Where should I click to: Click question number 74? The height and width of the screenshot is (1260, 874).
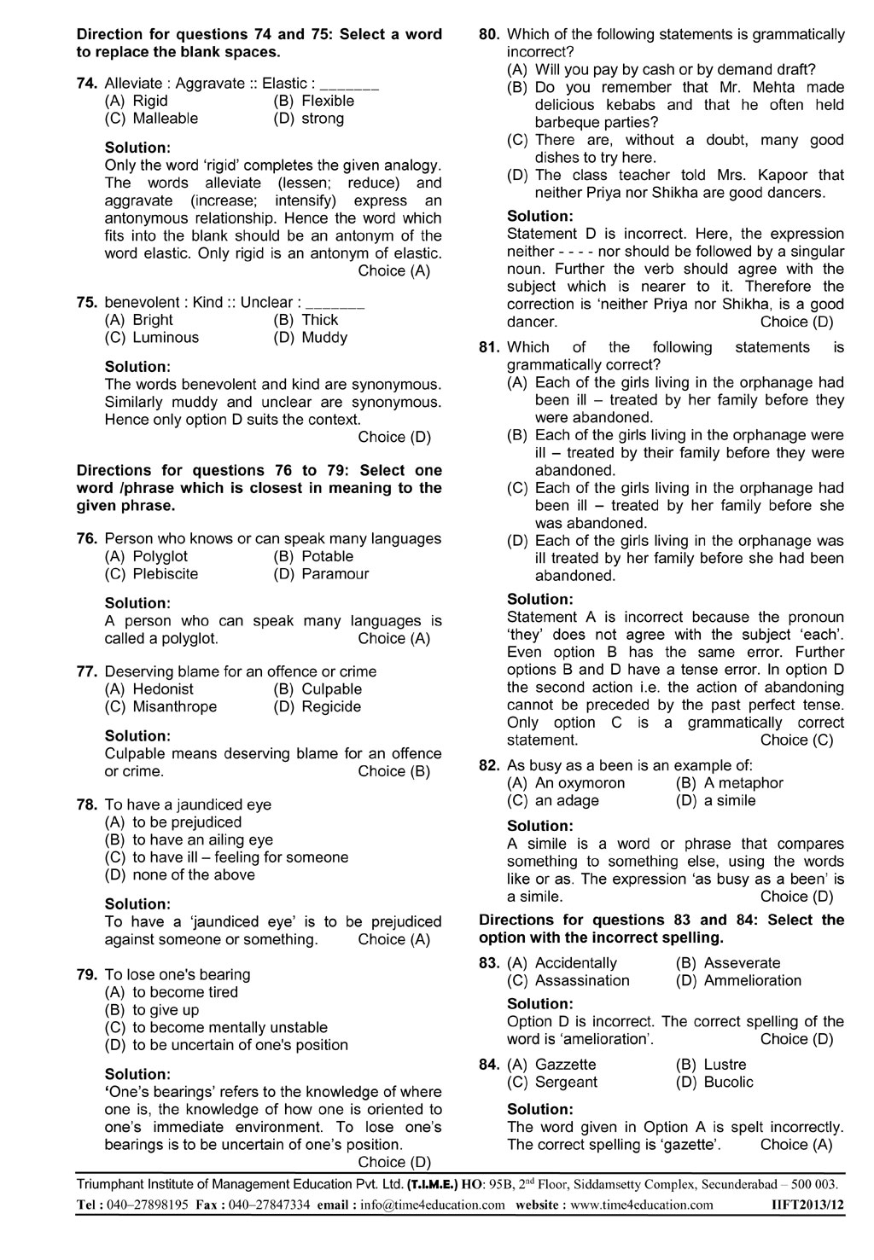coord(88,84)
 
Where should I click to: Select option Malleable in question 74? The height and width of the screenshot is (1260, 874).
coord(165,119)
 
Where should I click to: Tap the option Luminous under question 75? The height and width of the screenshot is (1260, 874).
coord(166,338)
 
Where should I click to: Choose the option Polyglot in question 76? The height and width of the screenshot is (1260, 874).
coord(160,557)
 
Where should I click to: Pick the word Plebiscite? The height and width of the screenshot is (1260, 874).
coord(166,574)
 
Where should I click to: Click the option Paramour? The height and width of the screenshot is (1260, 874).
coord(335,574)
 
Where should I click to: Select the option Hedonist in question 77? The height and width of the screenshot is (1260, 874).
coord(163,689)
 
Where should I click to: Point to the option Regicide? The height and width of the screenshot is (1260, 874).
coord(331,707)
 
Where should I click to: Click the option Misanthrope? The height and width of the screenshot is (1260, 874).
coord(175,707)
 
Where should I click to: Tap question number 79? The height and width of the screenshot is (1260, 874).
coord(88,975)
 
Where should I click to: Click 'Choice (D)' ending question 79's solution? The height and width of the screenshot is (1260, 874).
coord(394,1163)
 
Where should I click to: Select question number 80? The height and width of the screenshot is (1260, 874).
coord(489,35)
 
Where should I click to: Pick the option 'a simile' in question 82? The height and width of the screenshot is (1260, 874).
coord(730,801)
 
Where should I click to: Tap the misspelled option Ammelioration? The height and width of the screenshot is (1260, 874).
coord(752,981)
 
